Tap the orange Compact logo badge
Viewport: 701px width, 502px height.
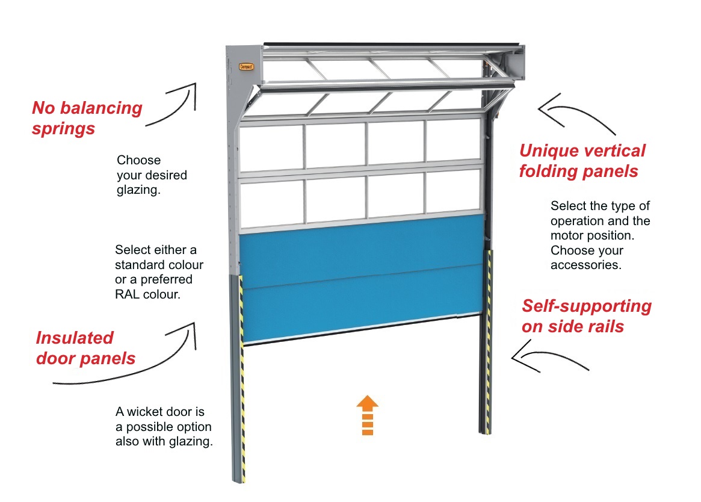point(246,67)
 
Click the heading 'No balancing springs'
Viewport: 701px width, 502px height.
point(87,118)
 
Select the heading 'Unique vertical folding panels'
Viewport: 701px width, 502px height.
point(581,161)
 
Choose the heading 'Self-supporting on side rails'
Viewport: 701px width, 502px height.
point(585,316)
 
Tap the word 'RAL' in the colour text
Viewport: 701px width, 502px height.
point(128,295)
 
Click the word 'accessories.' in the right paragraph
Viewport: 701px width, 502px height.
point(585,265)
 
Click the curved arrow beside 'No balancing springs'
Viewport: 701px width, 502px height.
point(174,105)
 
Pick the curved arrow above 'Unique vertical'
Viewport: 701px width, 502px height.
point(575,114)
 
